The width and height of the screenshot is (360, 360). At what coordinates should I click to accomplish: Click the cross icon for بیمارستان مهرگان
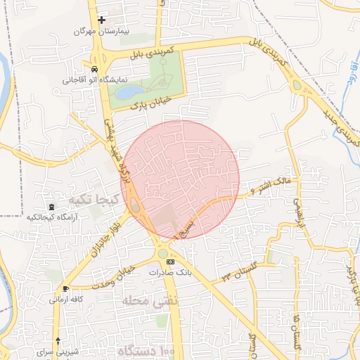102,20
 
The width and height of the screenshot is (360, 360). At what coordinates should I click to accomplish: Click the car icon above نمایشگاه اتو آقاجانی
94,69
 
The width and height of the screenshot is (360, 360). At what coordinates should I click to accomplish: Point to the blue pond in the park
128,91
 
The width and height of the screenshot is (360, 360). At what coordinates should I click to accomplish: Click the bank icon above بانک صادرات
169,262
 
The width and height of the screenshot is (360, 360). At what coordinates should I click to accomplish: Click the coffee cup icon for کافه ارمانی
65,289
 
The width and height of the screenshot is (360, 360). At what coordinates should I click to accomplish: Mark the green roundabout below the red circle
163,254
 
